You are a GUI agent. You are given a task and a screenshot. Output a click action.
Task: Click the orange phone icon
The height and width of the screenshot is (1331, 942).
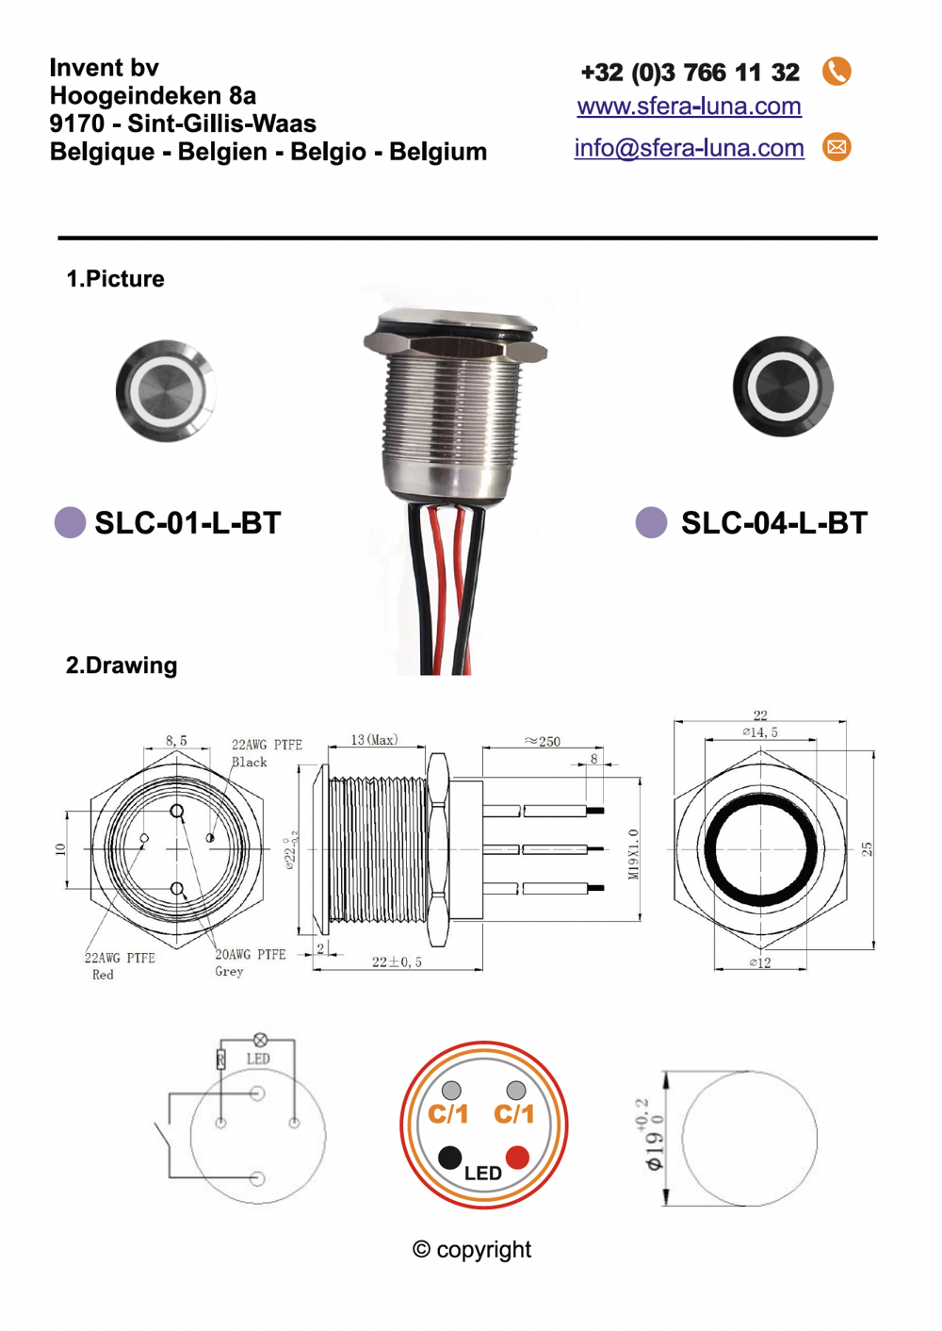836,72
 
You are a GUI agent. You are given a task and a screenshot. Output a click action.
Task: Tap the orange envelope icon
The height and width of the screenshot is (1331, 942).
836,147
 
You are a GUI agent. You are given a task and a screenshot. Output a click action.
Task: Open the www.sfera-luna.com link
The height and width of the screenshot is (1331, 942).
689,107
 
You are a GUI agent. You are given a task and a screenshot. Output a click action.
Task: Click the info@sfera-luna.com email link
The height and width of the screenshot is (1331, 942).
689,148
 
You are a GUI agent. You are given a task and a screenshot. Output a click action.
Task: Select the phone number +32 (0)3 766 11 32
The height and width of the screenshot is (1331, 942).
690,73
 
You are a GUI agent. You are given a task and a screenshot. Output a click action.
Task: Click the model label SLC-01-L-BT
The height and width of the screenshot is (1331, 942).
187,523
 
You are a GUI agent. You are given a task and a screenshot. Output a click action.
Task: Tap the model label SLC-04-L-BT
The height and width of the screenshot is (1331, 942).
773,523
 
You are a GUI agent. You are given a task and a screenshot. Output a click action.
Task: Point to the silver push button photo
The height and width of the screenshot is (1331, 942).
166,390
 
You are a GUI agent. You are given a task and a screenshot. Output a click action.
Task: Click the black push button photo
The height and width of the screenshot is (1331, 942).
783,386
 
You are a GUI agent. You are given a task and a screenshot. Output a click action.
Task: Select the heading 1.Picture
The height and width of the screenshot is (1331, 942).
115,279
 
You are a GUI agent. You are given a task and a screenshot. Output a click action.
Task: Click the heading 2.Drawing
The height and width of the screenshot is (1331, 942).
122,665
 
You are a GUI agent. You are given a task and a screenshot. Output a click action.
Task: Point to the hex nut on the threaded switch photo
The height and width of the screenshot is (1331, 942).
456,349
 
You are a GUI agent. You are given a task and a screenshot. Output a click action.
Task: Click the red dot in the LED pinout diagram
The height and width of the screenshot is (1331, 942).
517,1157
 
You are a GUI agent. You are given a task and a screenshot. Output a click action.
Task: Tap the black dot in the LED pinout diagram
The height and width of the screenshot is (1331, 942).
450,1157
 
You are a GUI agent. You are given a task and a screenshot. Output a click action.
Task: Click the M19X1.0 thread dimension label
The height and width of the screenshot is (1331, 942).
633,854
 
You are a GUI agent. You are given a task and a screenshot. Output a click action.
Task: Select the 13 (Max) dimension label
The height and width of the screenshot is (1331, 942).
374,740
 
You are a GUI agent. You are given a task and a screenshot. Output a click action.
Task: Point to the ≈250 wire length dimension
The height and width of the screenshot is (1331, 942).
543,742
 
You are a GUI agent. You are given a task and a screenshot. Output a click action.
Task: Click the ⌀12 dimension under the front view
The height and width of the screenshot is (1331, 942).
760,962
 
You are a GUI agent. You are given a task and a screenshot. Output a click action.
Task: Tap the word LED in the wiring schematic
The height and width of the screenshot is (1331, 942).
258,1060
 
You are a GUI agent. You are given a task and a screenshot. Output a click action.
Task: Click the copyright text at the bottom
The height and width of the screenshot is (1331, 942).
472,1250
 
